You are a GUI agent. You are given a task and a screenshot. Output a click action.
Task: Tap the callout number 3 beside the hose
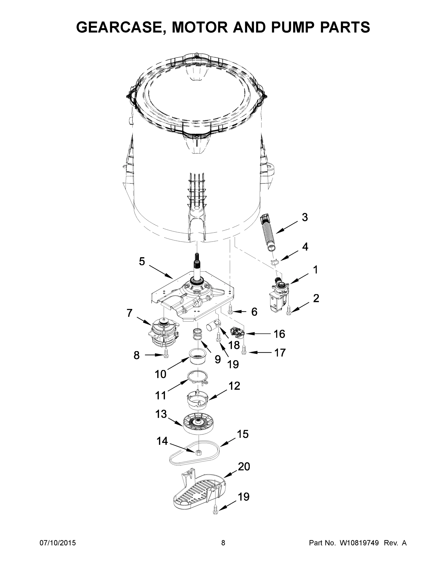(305, 217)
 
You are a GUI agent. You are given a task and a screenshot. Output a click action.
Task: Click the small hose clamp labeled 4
(275, 262)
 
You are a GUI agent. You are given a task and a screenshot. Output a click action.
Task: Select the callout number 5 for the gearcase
(142, 262)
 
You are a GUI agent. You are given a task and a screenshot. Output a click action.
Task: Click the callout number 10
(160, 374)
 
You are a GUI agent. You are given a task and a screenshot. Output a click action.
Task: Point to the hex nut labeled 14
(197, 452)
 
